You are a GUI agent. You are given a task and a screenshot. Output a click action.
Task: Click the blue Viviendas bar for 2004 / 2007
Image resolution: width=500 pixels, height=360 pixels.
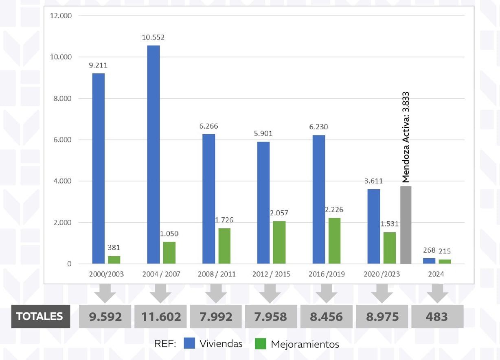[154, 155]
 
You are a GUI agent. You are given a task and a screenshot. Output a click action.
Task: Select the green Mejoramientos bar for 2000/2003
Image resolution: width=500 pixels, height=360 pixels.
[114, 260]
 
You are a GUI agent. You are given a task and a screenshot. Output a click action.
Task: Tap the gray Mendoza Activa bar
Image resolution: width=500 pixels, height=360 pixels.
[406, 225]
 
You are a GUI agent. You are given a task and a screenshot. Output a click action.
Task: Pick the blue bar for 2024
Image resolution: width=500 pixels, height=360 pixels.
[429, 261]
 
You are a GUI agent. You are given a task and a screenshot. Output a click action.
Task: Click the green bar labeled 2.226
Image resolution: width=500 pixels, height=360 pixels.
[334, 241]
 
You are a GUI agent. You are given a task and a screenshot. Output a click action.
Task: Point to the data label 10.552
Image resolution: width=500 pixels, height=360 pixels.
[153, 37]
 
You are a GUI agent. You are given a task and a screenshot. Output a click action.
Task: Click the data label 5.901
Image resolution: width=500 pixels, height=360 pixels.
[263, 133]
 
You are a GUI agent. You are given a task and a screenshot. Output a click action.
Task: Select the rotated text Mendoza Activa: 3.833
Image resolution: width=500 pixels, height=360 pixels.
[406, 137]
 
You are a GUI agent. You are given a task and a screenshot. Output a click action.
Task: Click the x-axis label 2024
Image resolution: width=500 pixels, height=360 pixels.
[436, 274]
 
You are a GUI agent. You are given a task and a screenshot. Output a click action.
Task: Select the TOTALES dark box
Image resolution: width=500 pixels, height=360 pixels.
[39, 316]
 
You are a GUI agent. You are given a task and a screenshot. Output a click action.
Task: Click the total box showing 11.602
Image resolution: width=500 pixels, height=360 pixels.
[161, 316]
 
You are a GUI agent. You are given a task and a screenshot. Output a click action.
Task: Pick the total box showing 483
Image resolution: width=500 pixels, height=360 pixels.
[437, 316]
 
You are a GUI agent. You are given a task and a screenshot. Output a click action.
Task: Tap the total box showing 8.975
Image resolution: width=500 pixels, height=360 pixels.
[382, 316]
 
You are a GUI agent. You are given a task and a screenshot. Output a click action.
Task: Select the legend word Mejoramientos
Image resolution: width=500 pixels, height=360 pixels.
[305, 344]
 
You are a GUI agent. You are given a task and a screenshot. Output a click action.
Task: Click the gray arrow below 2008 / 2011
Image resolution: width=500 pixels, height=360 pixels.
[216, 293]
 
